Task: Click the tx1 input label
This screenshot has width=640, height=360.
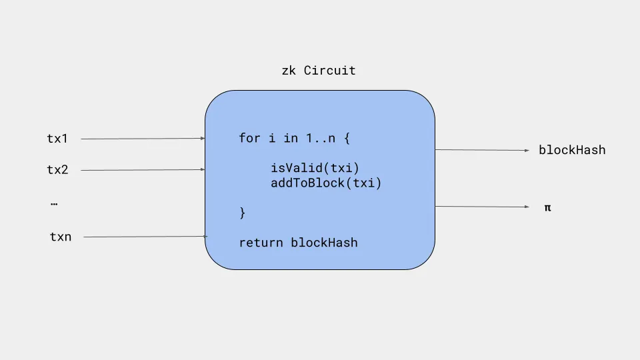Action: click(57, 139)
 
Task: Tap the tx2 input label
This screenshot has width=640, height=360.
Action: click(57, 170)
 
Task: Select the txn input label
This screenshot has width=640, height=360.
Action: click(61, 237)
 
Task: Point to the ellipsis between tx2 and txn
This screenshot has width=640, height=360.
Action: click(54, 203)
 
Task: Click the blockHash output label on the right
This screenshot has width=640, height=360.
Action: click(572, 150)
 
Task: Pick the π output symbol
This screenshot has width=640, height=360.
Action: click(548, 208)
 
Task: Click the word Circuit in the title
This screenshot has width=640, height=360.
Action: click(330, 71)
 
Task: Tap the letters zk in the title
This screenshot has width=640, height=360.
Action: click(289, 71)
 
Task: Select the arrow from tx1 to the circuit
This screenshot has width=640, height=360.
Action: click(143, 139)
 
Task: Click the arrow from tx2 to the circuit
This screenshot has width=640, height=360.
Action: click(143, 170)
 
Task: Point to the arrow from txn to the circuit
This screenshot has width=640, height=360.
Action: click(145, 237)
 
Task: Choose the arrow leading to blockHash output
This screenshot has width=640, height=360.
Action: click(482, 150)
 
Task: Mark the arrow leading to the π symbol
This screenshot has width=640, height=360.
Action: click(482, 207)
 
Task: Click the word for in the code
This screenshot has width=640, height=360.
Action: click(249, 138)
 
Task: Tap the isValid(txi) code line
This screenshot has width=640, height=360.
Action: click(315, 168)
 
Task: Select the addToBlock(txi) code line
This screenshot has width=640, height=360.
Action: click(326, 183)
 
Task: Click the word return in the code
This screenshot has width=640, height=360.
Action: click(261, 243)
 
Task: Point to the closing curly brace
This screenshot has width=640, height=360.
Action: click(243, 213)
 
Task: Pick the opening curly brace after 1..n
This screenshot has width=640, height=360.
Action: click(347, 138)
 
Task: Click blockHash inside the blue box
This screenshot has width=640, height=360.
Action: click(324, 243)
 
